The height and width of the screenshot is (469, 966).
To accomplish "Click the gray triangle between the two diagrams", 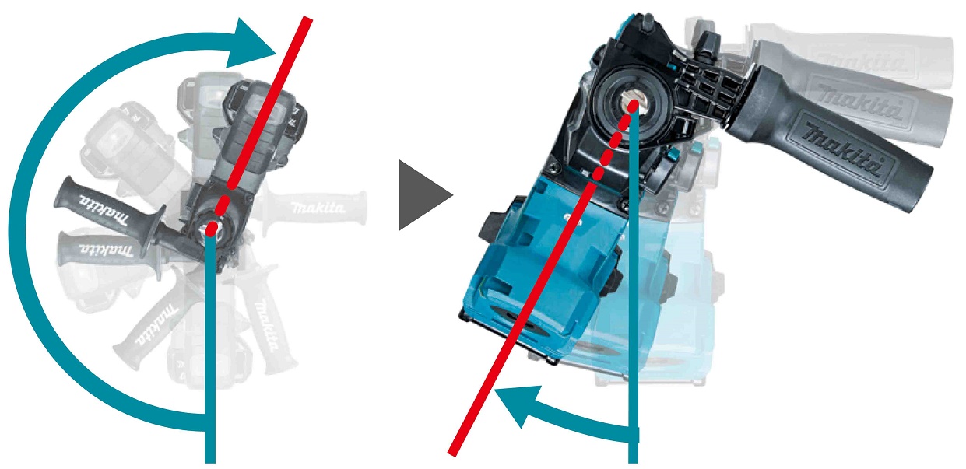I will pyautogui.click(x=420, y=195).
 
